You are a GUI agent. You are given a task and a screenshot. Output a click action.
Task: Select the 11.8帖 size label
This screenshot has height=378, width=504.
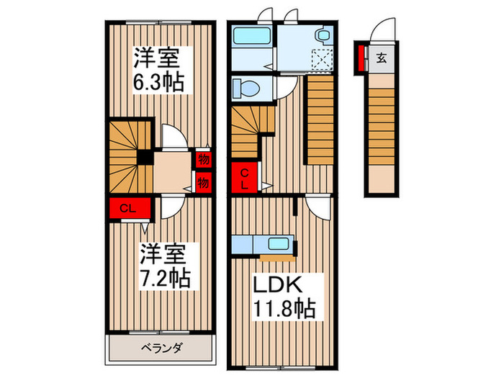283,310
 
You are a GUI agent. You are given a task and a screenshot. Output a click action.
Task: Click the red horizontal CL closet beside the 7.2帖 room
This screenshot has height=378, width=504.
129,210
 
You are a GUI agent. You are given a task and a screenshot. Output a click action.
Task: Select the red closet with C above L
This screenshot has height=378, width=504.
245,178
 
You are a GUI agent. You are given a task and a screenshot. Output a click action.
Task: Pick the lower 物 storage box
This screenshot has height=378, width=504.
202,182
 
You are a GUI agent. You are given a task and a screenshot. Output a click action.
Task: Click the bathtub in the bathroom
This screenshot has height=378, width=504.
252,35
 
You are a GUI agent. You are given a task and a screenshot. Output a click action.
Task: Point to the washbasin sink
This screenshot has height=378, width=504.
322,34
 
